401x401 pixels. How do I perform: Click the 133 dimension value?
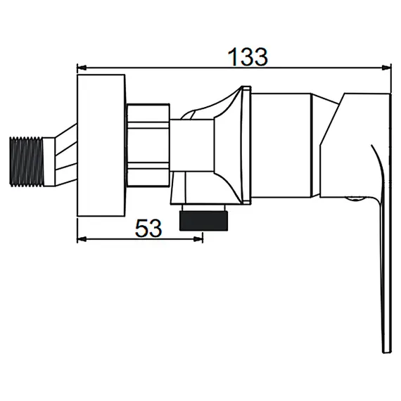[x=248, y=56]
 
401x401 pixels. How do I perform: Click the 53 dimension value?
[x=148, y=228]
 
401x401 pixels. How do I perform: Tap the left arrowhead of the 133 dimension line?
[x=82, y=68]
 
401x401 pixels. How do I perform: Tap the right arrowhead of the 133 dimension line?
[x=387, y=68]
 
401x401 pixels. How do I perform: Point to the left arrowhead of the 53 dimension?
[x=82, y=239]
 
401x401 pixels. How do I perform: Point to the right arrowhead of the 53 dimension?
[x=198, y=239]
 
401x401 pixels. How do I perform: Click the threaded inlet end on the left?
[x=26, y=162]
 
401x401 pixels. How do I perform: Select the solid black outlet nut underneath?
[x=204, y=221]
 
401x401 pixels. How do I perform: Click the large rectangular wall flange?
[x=101, y=146]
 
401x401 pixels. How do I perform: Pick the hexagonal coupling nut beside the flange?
[x=148, y=145]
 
